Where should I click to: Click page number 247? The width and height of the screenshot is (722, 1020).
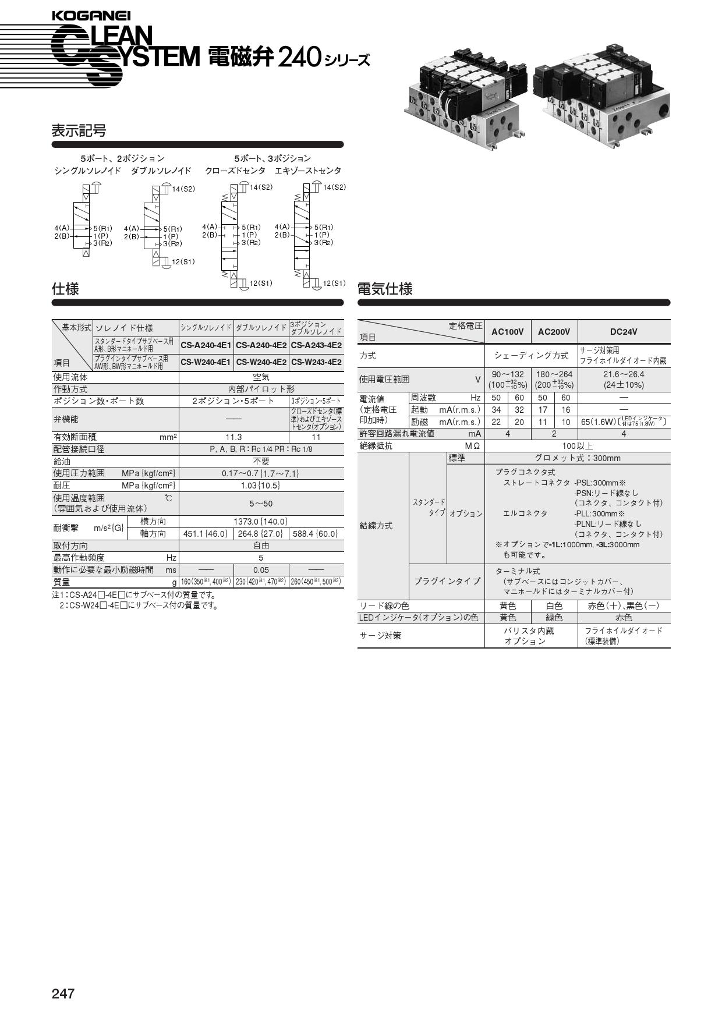coord(63,993)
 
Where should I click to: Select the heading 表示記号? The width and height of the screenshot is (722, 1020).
coord(79,131)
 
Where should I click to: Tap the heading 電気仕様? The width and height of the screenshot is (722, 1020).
coord(384,289)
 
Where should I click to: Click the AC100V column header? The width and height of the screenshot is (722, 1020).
coord(507,332)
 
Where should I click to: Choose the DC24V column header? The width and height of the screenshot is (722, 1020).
coord(623,332)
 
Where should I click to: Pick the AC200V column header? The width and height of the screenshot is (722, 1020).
coord(554,332)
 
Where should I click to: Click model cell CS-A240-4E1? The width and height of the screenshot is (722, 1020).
coord(206,345)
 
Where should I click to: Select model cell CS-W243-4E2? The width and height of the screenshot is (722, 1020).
coord(316,362)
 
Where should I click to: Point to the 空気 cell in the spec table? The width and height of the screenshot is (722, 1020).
coord(261,377)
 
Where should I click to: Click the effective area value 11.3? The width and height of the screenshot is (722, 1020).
coord(233,437)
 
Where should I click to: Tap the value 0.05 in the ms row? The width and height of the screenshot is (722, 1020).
coord(261,570)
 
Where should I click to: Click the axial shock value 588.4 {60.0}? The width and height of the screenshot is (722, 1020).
coord(316,534)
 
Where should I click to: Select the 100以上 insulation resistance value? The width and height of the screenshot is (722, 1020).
coord(577,446)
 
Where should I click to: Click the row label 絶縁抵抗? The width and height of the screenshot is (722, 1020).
coord(376,446)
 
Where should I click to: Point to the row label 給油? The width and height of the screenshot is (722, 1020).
coord(62,461)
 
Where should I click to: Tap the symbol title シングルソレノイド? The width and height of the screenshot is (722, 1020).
coord(87,171)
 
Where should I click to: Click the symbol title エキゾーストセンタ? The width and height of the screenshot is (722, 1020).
coord(308,171)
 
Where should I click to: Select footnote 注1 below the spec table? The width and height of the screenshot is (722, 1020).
coord(134,595)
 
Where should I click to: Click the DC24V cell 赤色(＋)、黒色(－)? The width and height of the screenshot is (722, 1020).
coord(623,605)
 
